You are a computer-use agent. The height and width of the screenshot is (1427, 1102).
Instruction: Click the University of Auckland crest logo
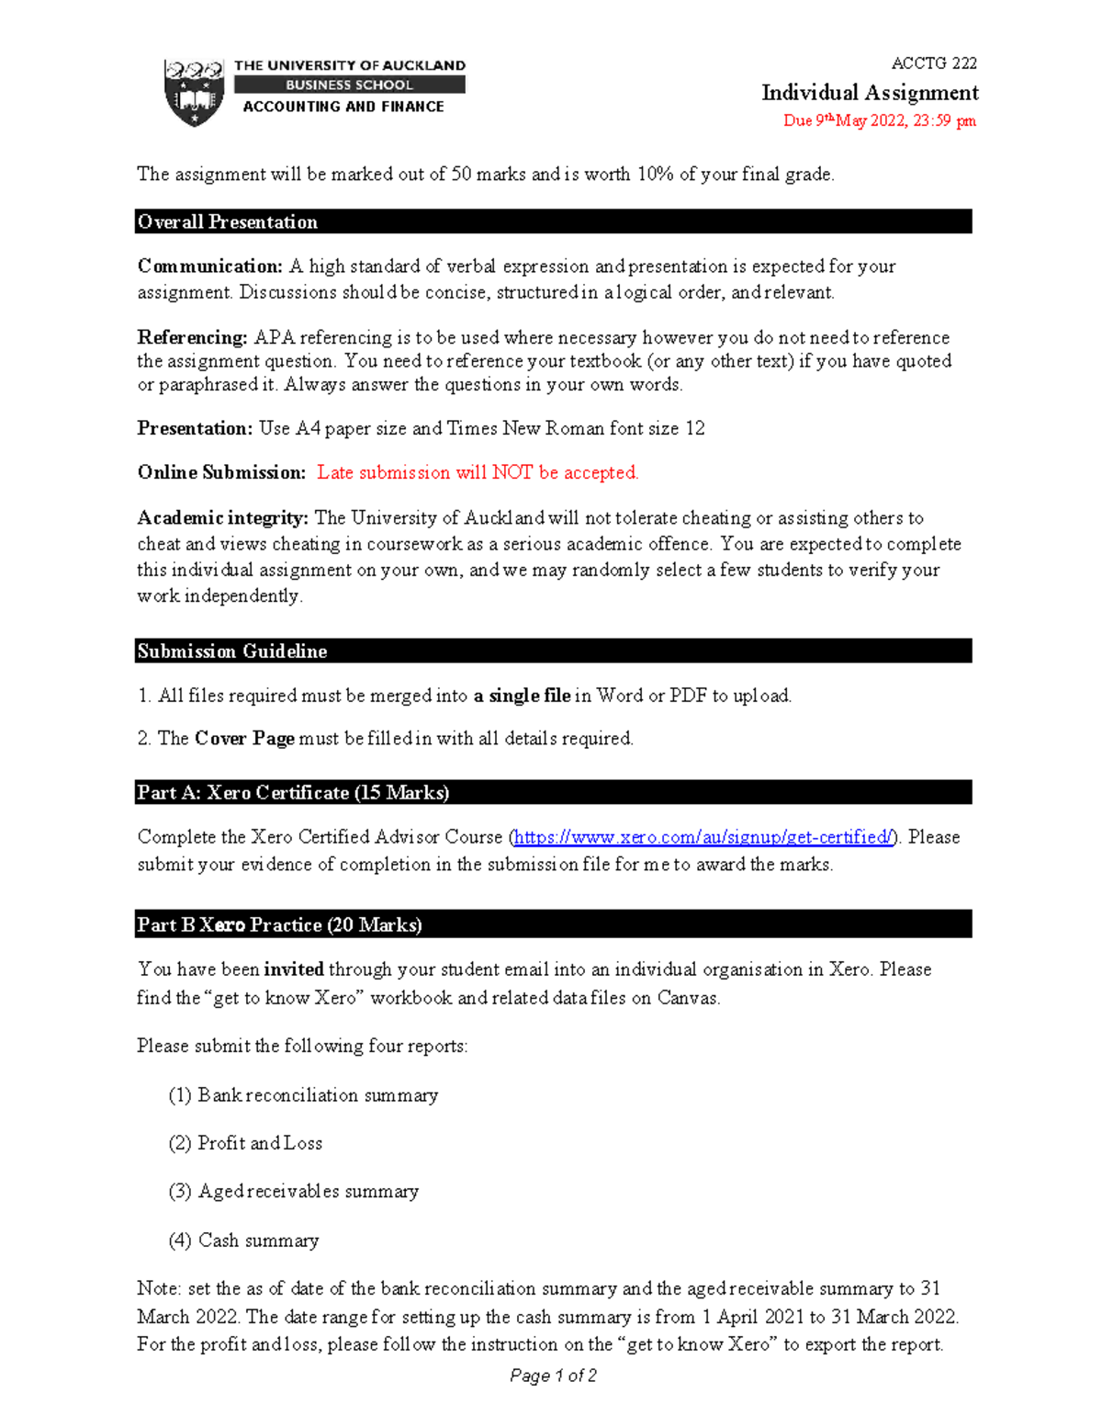194,92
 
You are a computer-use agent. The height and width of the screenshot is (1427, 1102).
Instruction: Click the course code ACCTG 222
933,63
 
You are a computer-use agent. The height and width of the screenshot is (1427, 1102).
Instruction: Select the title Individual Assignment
869,93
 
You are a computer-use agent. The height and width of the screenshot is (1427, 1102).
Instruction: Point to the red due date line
879,120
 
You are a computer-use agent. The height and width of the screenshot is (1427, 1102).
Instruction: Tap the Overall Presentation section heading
228,221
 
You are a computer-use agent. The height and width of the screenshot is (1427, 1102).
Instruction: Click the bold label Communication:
210,266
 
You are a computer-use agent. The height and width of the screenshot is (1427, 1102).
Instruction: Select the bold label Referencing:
192,337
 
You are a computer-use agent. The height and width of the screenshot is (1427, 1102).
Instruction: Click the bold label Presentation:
195,428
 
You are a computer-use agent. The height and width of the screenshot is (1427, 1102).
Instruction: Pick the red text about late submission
478,472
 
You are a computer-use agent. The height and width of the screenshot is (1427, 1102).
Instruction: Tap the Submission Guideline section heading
232,651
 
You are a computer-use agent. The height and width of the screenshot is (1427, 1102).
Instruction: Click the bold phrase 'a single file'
522,696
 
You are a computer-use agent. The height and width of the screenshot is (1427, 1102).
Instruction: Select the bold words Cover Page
244,739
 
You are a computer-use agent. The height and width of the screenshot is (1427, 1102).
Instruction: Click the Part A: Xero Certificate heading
293,793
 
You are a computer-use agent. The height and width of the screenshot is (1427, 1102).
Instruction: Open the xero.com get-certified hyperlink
703,837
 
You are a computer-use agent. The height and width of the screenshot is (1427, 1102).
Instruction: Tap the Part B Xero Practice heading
279,925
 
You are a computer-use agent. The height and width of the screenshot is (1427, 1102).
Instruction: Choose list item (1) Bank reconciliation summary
303,1095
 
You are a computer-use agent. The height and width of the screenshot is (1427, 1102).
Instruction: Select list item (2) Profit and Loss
245,1143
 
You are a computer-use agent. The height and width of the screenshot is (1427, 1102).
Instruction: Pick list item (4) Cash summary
243,1240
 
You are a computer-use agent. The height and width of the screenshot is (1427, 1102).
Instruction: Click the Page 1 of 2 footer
553,1376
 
